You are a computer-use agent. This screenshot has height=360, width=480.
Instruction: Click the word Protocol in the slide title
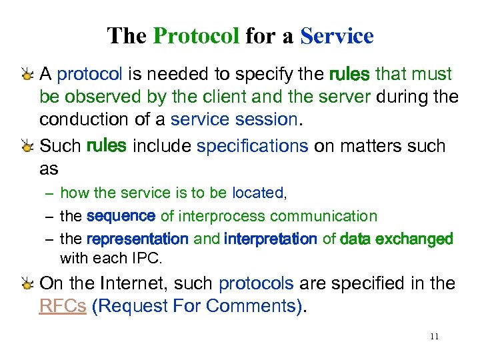pos(195,35)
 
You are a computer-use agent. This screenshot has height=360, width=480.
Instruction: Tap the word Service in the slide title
pos(337,35)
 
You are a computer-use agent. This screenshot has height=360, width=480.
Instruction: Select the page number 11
pos(434,336)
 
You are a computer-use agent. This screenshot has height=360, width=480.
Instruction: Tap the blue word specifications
pos(252,146)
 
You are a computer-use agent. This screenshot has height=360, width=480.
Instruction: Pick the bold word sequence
pos(121,216)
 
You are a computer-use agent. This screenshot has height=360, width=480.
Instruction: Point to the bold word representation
pos(137,239)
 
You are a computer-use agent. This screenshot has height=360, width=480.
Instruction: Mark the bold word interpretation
pos(271,239)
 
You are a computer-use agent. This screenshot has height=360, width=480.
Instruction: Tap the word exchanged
pos(415,239)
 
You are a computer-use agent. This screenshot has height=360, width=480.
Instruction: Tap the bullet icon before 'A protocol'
pos(27,75)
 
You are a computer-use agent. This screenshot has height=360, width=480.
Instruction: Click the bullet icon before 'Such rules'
pos(27,147)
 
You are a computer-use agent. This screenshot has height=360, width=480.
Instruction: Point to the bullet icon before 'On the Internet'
pos(27,284)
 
